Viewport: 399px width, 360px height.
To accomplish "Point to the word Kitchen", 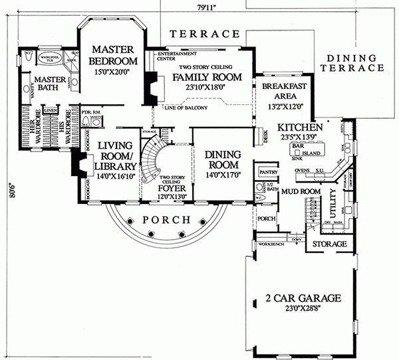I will click(x=300, y=127).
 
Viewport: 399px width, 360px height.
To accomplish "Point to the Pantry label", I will click(x=268, y=171).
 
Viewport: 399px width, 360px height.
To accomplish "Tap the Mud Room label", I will click(x=300, y=192).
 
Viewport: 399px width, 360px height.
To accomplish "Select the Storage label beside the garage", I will click(x=330, y=244).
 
